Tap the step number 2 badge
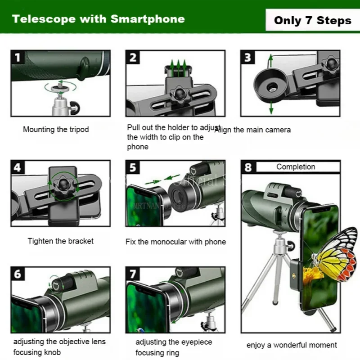point(133,57)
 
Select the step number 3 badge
point(248,57)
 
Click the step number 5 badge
point(133,168)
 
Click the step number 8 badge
point(248,168)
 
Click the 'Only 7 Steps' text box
point(312,20)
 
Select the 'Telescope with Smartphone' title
point(98,19)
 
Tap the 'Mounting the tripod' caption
point(56,130)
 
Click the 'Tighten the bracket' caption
point(60,241)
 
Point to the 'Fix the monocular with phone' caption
point(175,242)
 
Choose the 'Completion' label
point(296,166)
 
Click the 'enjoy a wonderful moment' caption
point(292,345)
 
